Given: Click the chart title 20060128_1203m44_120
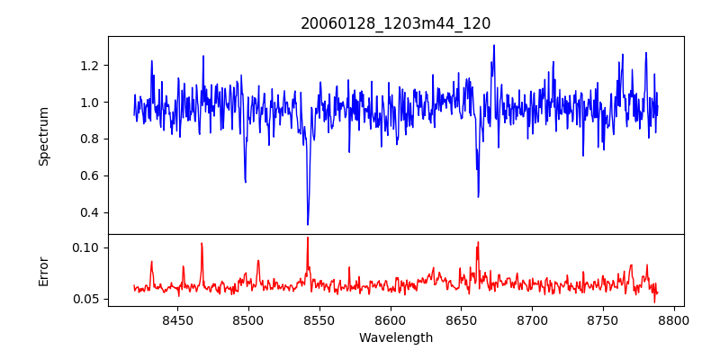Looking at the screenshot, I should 395,23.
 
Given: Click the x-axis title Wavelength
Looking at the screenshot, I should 395,338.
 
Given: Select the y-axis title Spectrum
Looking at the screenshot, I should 43,135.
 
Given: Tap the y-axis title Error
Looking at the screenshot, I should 43,271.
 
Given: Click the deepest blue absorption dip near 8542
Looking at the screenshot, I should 308,224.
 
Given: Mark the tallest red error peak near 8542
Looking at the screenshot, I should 308,238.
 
